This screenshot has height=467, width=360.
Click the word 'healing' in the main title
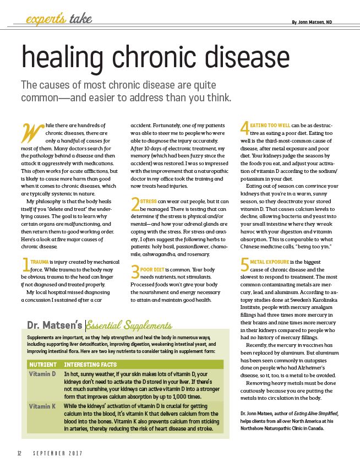tap(65, 58)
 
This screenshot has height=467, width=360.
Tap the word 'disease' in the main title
tap(233, 58)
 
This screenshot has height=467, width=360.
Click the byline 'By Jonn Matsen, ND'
tap(319, 21)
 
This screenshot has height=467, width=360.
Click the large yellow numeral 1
tap(25, 265)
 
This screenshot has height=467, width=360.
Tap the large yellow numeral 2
tap(135, 206)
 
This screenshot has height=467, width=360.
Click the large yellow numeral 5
tap(245, 265)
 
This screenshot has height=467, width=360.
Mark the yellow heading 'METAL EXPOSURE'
tap(269, 260)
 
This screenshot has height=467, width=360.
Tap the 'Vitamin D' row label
tap(42, 374)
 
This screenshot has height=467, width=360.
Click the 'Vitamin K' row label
tap(42, 406)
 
